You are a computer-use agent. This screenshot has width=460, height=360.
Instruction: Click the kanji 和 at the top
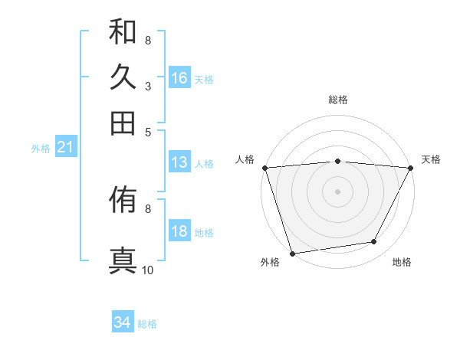[123, 32]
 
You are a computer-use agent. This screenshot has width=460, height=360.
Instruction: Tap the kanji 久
[123, 77]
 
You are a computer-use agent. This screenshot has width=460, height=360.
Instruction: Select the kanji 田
[123, 123]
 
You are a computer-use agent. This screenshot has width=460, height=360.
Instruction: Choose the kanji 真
[123, 259]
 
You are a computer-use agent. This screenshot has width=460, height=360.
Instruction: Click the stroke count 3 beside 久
[147, 86]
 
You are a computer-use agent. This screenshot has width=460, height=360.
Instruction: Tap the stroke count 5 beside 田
[147, 131]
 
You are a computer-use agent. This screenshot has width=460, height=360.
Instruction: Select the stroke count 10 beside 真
[148, 270]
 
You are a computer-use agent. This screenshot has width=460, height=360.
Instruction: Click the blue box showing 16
[179, 77]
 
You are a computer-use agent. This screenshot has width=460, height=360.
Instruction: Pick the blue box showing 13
[179, 162]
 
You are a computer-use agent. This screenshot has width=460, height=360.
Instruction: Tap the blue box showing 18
[179, 231]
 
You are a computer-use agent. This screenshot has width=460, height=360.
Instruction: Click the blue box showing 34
[123, 323]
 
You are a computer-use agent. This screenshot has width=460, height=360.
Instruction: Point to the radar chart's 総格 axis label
[337, 100]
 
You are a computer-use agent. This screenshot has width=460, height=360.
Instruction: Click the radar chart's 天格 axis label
[432, 159]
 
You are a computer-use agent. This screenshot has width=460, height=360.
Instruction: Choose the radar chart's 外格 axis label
[270, 263]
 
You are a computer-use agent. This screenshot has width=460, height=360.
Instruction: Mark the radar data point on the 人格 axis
[264, 167]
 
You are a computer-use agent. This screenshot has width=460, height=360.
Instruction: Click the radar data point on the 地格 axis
[374, 242]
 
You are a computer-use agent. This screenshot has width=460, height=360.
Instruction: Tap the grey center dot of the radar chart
[337, 191]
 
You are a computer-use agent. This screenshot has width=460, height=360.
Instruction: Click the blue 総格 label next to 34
[147, 324]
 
